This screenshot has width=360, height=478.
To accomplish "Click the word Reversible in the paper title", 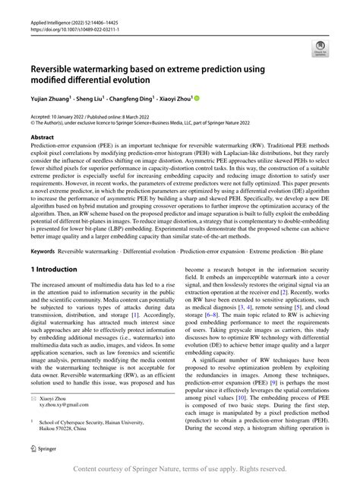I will [59, 65].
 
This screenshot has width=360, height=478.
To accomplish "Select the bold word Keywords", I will [47, 248].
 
